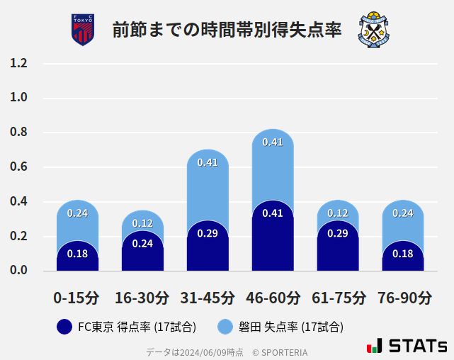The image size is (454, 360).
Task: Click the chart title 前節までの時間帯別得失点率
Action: point(227,30)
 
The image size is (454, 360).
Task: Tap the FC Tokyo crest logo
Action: point(83,30)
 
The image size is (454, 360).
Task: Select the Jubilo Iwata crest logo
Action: point(374,30)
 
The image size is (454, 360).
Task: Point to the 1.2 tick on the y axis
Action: point(18,63)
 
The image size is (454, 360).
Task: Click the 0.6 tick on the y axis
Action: point(18,167)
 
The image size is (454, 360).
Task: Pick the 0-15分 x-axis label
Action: point(77,298)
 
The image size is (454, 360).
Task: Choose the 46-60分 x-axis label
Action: point(273,298)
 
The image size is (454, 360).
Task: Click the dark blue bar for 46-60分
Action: point(273,241)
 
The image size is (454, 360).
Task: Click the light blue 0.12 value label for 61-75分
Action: point(338,213)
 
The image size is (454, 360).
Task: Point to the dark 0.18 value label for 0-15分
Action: point(77,254)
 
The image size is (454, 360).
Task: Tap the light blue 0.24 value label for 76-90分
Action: point(403,213)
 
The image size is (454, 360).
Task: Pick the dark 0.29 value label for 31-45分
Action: point(208,233)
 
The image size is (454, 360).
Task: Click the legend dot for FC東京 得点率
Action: point(64,327)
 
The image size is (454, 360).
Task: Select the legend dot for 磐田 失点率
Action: point(225,327)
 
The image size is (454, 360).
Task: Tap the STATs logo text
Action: point(418,347)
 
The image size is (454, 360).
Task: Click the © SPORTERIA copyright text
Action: point(281,352)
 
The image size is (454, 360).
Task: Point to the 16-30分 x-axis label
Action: point(142,298)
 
